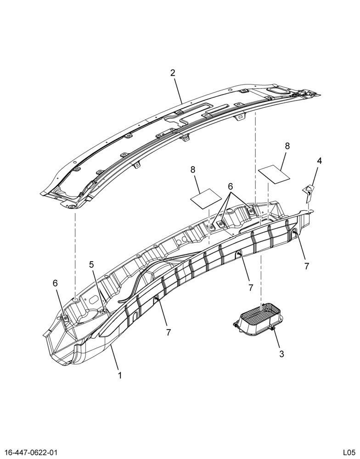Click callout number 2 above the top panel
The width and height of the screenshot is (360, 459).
coord(173,73)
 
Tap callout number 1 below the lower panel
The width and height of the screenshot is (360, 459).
coord(120,375)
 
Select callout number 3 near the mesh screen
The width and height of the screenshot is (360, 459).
coord(281,354)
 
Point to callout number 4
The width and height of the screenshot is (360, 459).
coord(319,160)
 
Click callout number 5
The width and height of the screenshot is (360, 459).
coord(92,265)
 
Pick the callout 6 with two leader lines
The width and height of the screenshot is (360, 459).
coord(230,186)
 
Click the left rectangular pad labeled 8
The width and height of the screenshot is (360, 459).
coord(206,199)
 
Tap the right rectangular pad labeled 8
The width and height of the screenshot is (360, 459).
coord(275,174)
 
